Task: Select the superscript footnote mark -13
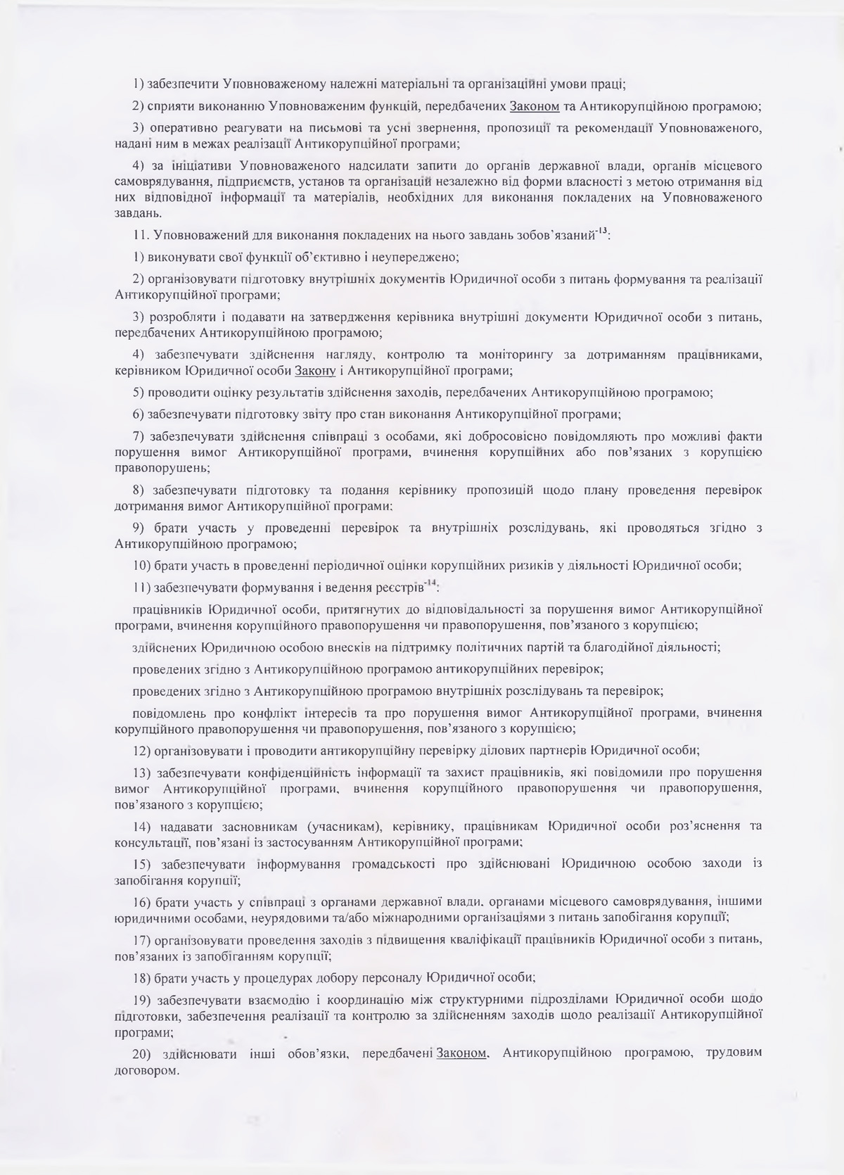tap(601, 231)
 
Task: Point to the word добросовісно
tap(546, 436)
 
